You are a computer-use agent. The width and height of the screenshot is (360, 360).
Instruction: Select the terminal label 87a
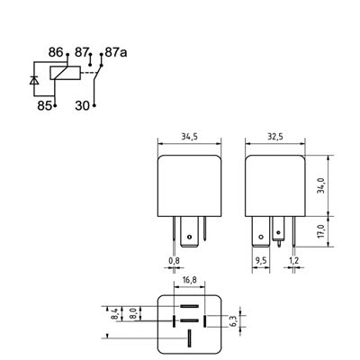click(x=116, y=54)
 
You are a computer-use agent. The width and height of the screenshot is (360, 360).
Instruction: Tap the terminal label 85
click(x=45, y=104)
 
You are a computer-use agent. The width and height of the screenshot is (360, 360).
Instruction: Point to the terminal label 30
click(x=80, y=104)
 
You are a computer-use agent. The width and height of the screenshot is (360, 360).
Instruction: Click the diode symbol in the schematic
click(x=34, y=79)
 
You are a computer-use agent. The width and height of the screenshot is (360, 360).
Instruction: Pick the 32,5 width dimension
click(x=275, y=137)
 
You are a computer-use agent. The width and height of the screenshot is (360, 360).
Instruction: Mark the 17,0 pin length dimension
click(x=320, y=231)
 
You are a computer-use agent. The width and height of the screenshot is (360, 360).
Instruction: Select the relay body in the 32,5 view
click(x=275, y=184)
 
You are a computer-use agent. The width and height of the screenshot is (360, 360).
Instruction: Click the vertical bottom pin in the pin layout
click(x=188, y=338)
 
